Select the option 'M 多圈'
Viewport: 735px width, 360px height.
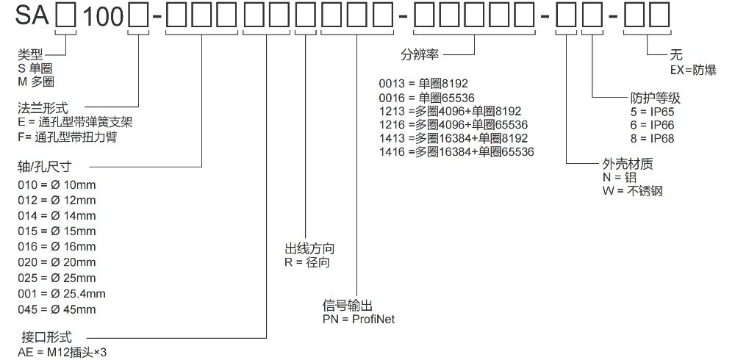click(x=36, y=82)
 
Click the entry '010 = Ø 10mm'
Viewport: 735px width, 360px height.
click(x=57, y=184)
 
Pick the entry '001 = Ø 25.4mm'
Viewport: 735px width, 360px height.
click(x=62, y=293)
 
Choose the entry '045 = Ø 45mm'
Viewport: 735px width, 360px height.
click(x=57, y=309)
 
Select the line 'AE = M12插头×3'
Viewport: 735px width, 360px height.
click(x=62, y=352)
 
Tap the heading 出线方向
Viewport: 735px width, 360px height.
click(x=309, y=248)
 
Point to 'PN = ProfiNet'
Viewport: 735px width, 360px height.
click(x=359, y=319)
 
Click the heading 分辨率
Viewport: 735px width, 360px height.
click(x=419, y=55)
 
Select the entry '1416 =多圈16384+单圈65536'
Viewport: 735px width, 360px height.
click(x=456, y=152)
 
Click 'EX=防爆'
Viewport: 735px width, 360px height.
click(x=692, y=69)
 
